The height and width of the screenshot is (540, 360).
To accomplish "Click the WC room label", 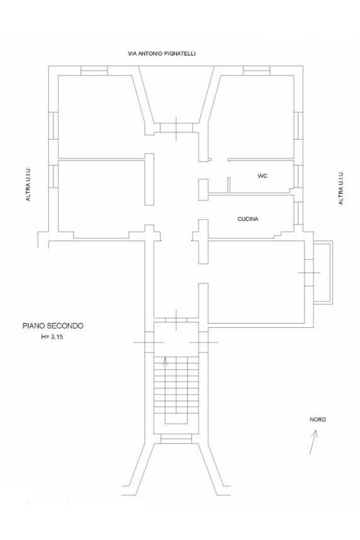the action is pyautogui.click(x=262, y=176).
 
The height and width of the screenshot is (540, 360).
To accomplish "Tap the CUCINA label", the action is pyautogui.click(x=248, y=219).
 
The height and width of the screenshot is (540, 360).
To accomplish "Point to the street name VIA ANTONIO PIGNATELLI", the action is pyautogui.click(x=162, y=53).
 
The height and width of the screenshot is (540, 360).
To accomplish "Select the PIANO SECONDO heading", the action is pyautogui.click(x=53, y=326).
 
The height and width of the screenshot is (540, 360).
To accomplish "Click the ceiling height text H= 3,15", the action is pyautogui.click(x=52, y=337).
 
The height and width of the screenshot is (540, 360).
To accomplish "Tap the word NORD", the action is pyautogui.click(x=318, y=419).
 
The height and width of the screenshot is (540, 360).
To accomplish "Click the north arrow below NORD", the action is pyautogui.click(x=313, y=442).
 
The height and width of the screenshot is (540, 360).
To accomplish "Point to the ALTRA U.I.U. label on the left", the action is pyautogui.click(x=28, y=184).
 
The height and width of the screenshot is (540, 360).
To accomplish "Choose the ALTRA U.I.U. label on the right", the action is pyautogui.click(x=340, y=188).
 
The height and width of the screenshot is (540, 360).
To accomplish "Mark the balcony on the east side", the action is pyautogui.click(x=323, y=272).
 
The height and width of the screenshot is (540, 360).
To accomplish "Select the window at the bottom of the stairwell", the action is pyautogui.click(x=176, y=439).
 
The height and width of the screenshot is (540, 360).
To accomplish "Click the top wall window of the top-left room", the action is pyautogui.click(x=94, y=70).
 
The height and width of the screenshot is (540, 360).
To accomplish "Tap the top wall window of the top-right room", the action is pyautogui.click(x=257, y=70).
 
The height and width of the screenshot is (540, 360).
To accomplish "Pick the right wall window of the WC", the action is pyautogui.click(x=298, y=176).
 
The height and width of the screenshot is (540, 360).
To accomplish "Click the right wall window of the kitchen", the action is pyautogui.click(x=298, y=213).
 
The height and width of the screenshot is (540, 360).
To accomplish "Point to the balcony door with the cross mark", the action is pyautogui.click(x=309, y=273).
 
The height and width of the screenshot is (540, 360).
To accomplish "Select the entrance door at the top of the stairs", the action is pyautogui.click(x=176, y=320).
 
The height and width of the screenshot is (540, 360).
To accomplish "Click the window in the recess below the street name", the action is pyautogui.click(x=176, y=128).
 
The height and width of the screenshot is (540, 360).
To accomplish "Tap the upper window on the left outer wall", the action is pyautogui.click(x=53, y=126).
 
